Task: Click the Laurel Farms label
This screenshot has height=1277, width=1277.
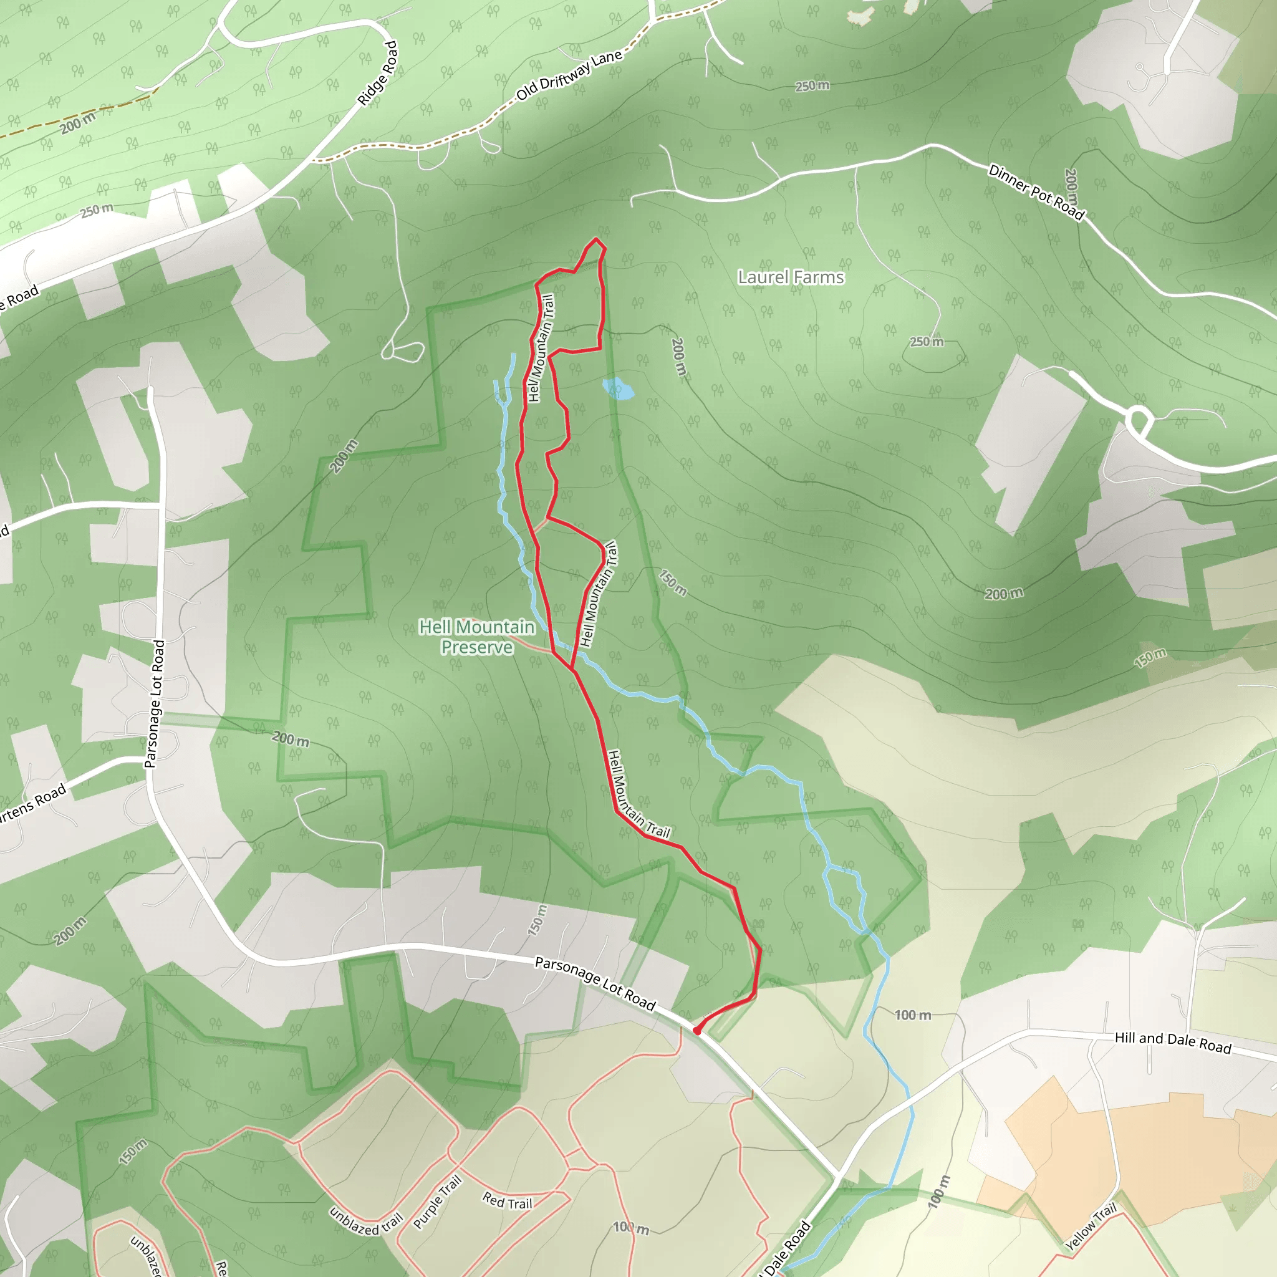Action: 791,277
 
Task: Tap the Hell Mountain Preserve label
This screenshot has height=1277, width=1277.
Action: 476,637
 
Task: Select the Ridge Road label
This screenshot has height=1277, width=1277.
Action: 378,74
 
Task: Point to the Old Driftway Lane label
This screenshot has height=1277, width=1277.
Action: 569,75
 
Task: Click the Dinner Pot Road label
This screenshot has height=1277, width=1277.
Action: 1036,192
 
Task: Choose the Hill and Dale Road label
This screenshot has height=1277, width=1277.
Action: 1173,1043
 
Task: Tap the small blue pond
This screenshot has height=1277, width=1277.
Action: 618,388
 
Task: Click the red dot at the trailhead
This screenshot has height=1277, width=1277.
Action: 696,1031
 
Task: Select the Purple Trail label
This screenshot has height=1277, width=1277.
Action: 437,1202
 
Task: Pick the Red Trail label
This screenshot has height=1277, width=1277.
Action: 507,1201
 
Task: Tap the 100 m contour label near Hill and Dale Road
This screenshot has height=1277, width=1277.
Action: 912,1015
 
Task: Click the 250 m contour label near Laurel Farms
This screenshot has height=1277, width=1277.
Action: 927,342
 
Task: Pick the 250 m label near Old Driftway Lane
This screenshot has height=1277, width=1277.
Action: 812,86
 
